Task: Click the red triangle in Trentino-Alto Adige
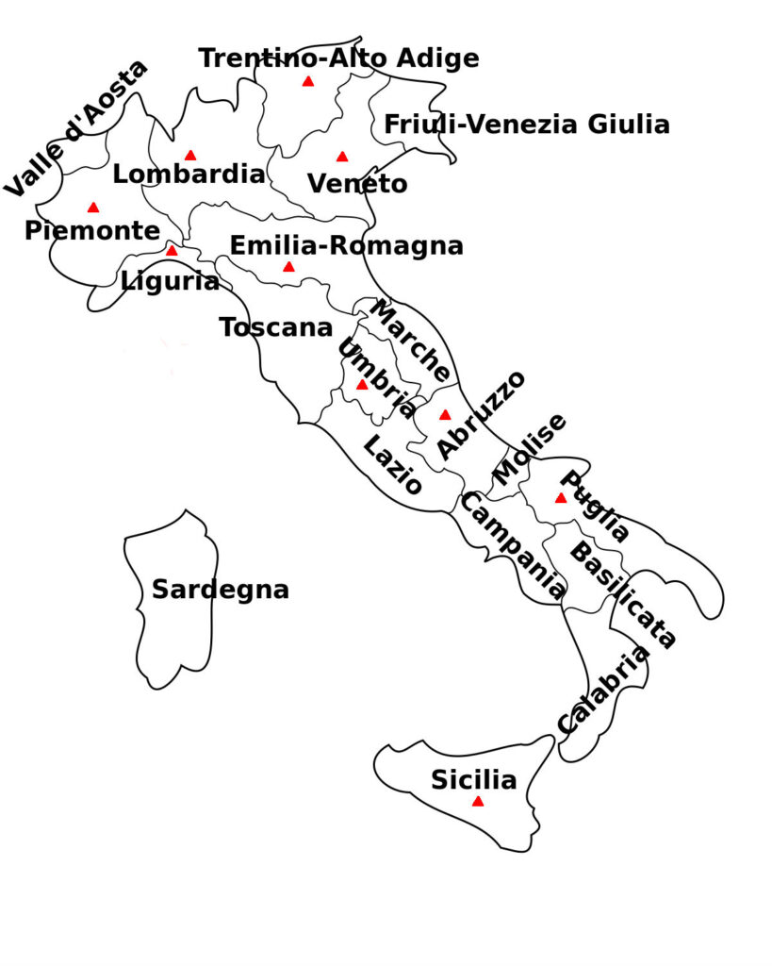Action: click(x=307, y=82)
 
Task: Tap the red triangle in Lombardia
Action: click(x=190, y=156)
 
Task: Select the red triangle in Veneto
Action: click(x=342, y=157)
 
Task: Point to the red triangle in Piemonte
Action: click(x=92, y=208)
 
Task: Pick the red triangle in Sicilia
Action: click(x=478, y=802)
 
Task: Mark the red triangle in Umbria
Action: click(x=362, y=385)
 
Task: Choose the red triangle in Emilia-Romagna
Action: click(x=288, y=267)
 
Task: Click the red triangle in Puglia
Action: click(x=561, y=498)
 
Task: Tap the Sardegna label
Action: click(x=220, y=591)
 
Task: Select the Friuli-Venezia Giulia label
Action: click(x=527, y=125)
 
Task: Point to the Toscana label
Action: click(x=276, y=327)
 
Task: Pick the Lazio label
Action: click(x=392, y=465)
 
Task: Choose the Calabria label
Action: click(x=603, y=690)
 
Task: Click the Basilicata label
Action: click(x=623, y=595)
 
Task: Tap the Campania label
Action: click(x=514, y=546)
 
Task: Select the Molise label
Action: click(x=531, y=449)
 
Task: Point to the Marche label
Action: click(x=409, y=340)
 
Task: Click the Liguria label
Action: click(x=170, y=280)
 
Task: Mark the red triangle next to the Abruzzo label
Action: click(x=445, y=415)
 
